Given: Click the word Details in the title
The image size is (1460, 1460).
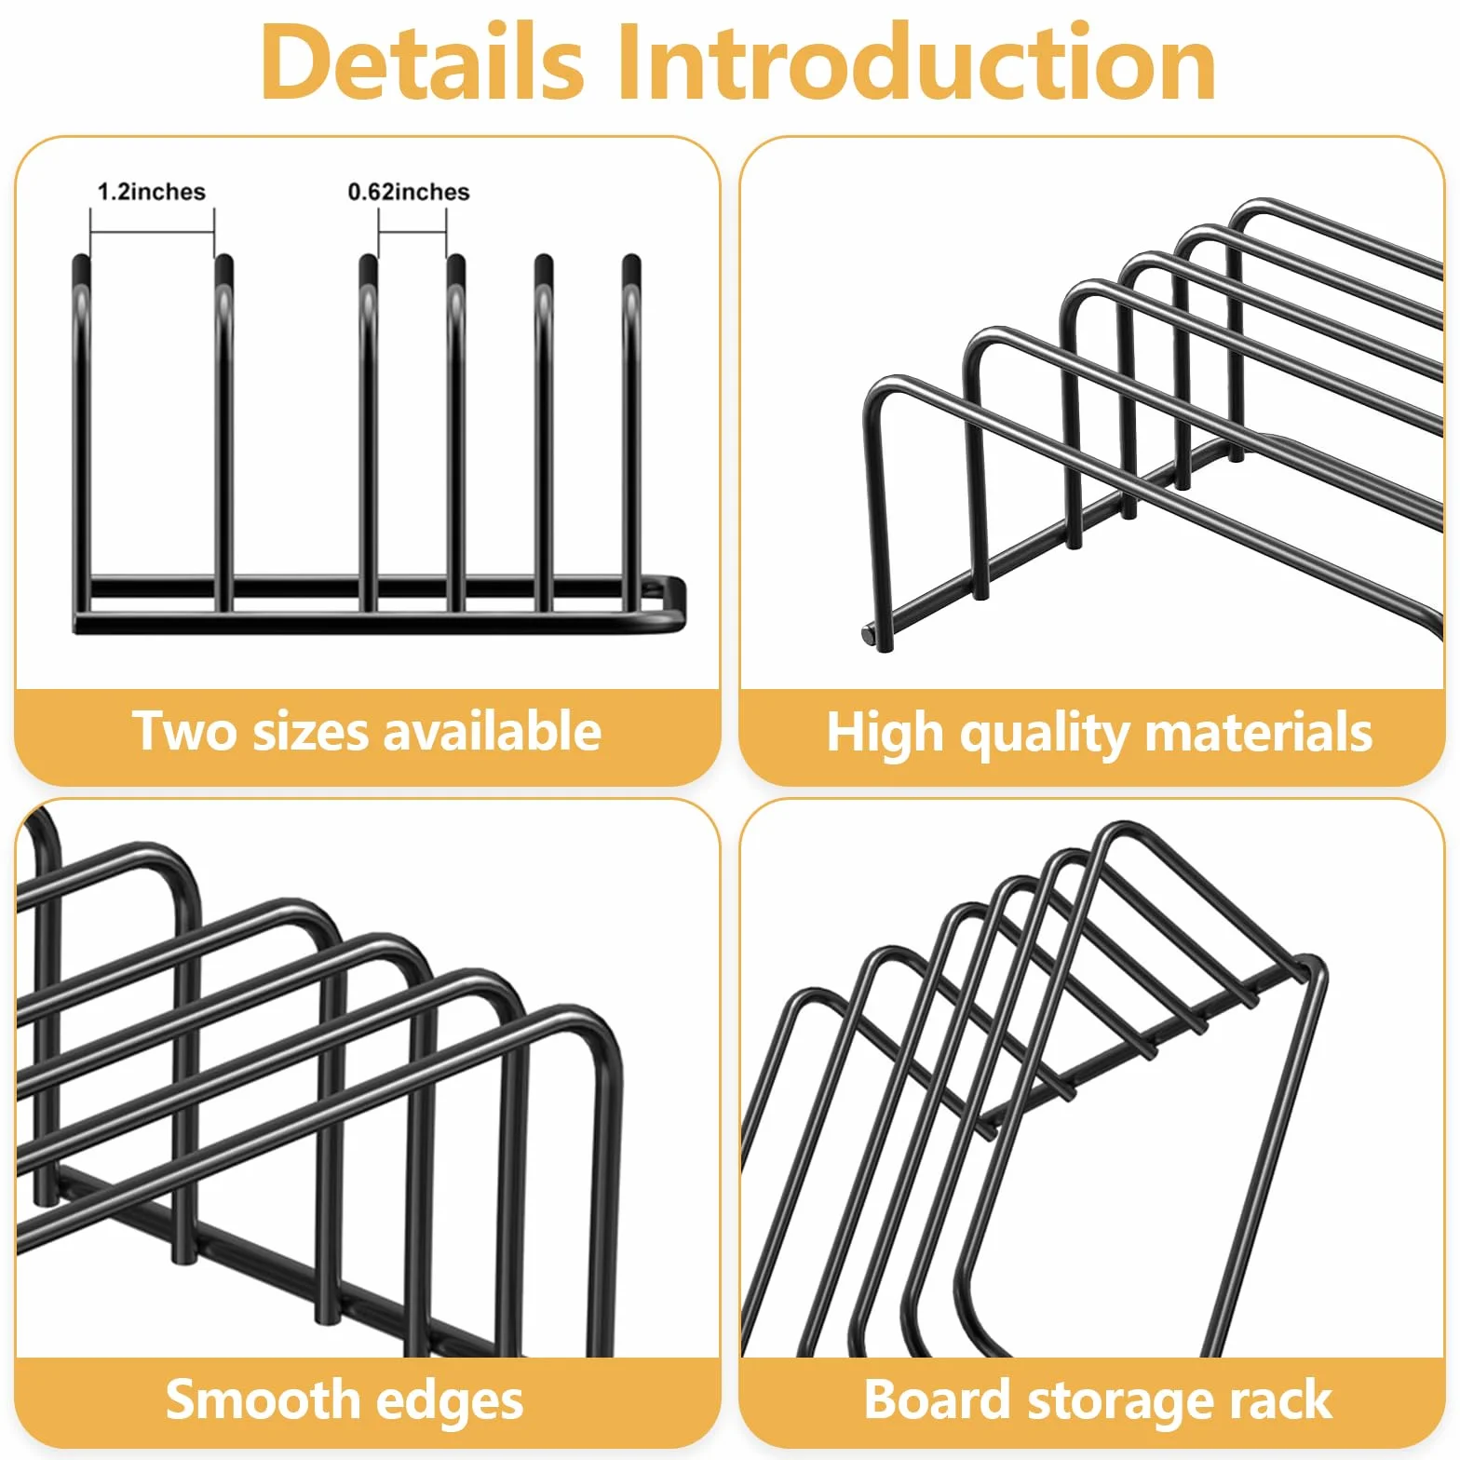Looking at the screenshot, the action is tap(423, 61).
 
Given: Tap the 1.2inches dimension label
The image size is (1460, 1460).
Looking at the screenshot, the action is tap(152, 192).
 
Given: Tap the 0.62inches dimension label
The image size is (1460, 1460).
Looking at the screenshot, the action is tap(409, 192).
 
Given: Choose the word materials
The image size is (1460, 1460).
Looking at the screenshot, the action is tap(1259, 732).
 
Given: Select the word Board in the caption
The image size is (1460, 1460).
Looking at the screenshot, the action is tap(938, 1399).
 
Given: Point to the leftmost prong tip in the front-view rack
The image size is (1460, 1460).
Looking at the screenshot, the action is tap(81, 264).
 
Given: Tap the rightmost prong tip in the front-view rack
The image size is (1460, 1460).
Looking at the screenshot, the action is tap(631, 264).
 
